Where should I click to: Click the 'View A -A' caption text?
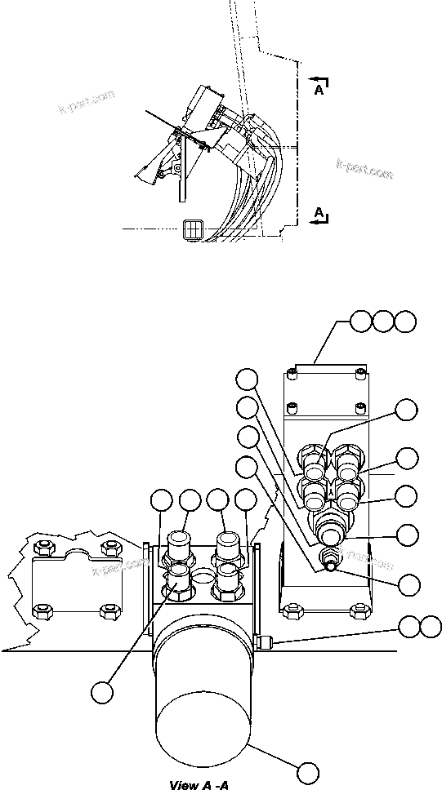pos(198,785)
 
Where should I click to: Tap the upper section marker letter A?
pos(318,91)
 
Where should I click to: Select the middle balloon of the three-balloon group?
pos(382,322)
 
